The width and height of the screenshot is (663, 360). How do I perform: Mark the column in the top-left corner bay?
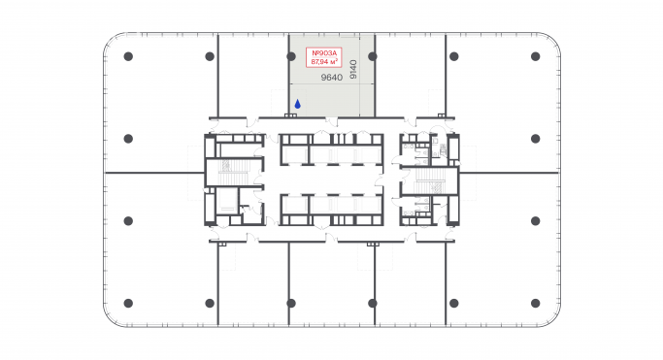pyautogui.click(x=128, y=56)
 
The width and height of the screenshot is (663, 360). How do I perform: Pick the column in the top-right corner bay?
pyautogui.click(x=535, y=56)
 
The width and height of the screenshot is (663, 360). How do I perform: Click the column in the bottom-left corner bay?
pyautogui.click(x=128, y=303)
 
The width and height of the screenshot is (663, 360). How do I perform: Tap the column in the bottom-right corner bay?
pyautogui.click(x=535, y=303)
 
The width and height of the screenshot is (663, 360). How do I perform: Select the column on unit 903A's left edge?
pyautogui.click(x=290, y=56)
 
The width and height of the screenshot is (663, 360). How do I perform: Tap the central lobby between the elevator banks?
pyautogui.click(x=331, y=180)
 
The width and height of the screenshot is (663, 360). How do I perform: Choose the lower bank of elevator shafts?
pyautogui.click(x=331, y=208)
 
